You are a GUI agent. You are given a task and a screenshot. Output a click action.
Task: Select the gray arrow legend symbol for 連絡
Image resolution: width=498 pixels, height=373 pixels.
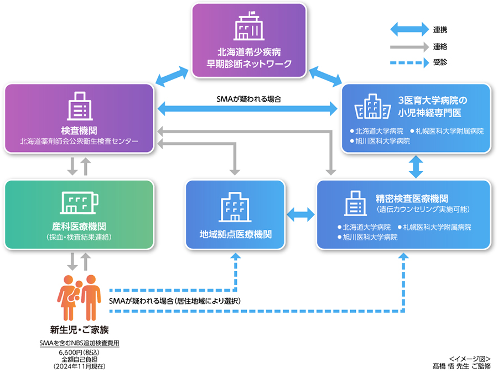(x=408, y=45)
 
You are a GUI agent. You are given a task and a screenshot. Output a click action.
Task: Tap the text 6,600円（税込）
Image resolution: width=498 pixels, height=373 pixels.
(x=79, y=351)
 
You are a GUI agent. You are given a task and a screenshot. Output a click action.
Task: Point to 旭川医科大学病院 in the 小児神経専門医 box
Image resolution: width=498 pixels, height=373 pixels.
(x=380, y=141)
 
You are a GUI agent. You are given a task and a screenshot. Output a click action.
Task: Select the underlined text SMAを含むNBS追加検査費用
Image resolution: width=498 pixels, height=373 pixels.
(x=79, y=343)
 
